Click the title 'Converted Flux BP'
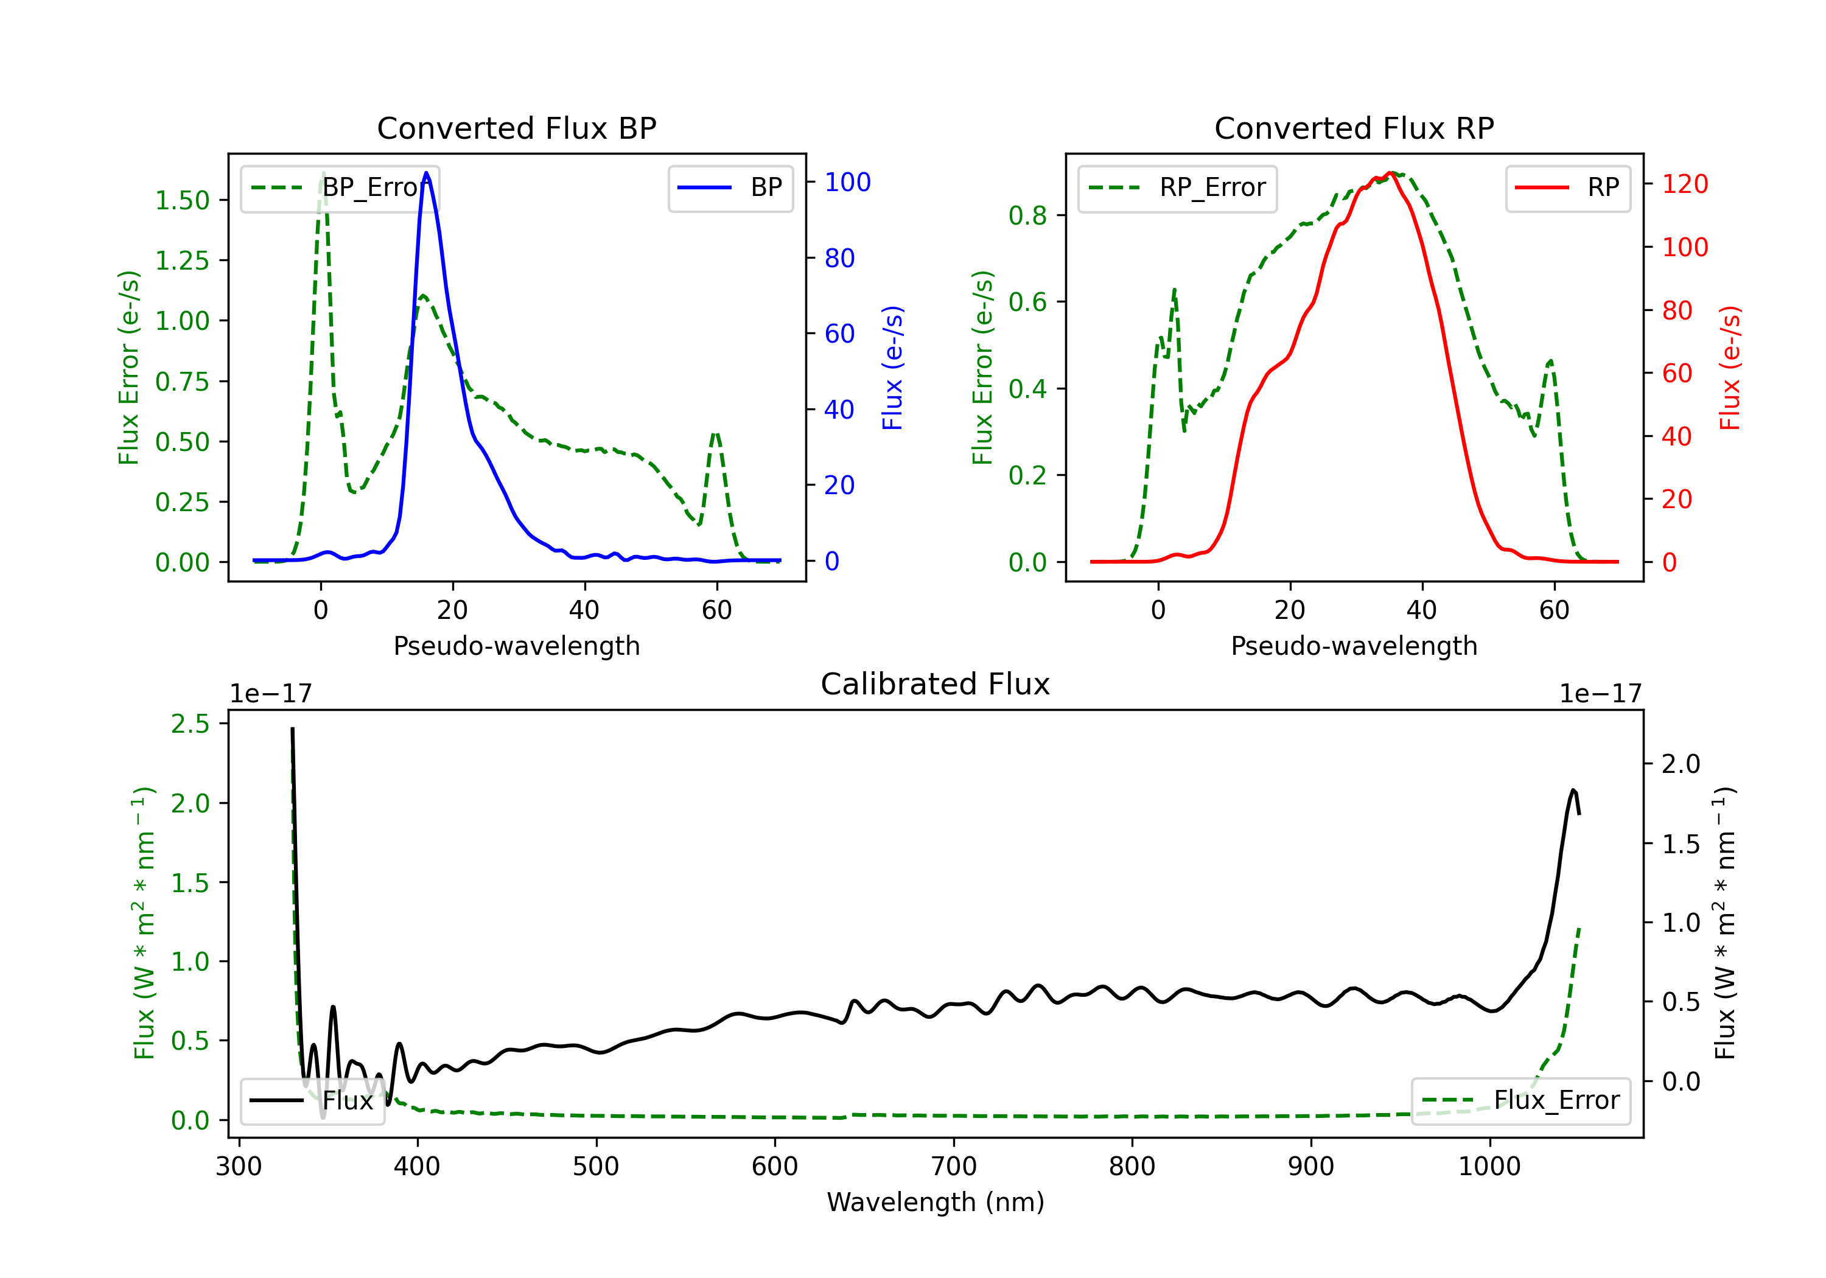pyautogui.click(x=516, y=128)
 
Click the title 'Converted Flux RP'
pyautogui.click(x=1354, y=128)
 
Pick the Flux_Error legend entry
pyautogui.click(x=1520, y=1101)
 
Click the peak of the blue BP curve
pyautogui.click(x=426, y=173)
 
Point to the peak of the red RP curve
pyautogui.click(x=1388, y=173)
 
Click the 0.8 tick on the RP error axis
pyautogui.click(x=1027, y=215)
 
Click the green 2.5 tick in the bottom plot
pyautogui.click(x=190, y=724)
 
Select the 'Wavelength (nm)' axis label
pyautogui.click(x=936, y=1203)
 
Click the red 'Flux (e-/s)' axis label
pyautogui.click(x=1729, y=368)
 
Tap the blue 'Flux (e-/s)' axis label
pyautogui.click(x=892, y=368)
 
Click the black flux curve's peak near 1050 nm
pyautogui.click(x=1572, y=790)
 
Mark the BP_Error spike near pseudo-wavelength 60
pyautogui.click(x=716, y=435)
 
